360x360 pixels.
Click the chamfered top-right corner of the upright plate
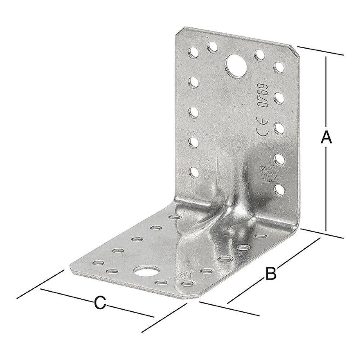pyautogui.click(x=294, y=49)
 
